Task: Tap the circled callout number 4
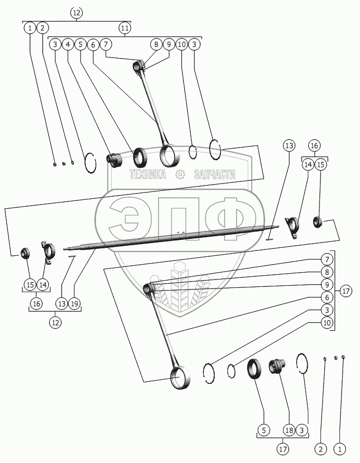[68, 45]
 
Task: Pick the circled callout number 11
[124, 27]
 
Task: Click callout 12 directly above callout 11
[76, 12]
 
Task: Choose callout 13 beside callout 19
[62, 304]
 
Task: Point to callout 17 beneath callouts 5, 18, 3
[283, 449]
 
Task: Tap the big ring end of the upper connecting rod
[170, 155]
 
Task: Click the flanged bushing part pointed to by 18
[276, 366]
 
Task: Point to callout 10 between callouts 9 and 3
[181, 45]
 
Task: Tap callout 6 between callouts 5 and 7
[93, 45]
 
